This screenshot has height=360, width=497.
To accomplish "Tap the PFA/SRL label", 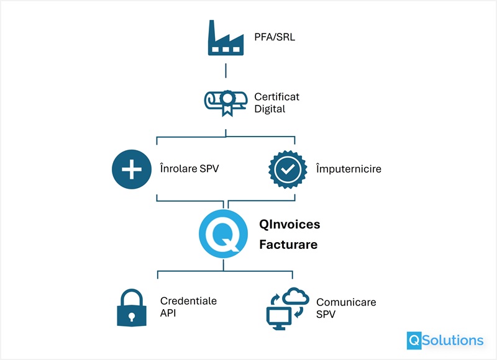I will point(275,37).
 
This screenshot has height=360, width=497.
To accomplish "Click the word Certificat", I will point(276,97).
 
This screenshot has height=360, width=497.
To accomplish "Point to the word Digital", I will point(270,109).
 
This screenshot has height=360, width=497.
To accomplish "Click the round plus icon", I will point(132,169).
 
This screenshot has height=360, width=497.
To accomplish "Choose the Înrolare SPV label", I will point(189,169).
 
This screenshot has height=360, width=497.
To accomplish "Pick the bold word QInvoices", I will point(290,224).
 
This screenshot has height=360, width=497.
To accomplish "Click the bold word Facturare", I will point(288,245).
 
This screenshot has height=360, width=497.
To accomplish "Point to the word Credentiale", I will point(188,300).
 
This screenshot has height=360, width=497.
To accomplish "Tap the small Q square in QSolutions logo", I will point(414,340).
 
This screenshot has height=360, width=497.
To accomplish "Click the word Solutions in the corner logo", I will point(454,340).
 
